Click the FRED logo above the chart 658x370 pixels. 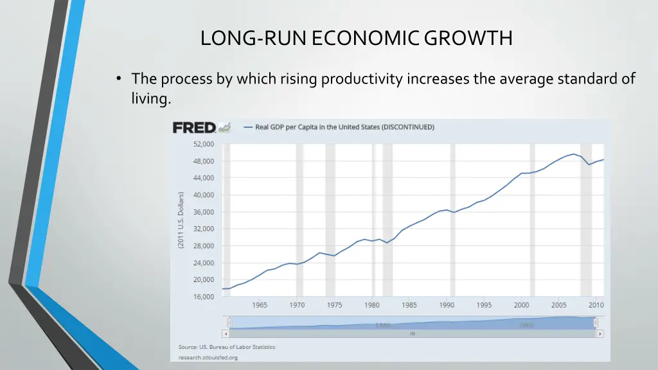tap(193, 128)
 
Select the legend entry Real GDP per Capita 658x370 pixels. tap(344, 127)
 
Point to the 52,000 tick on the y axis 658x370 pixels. tap(204, 144)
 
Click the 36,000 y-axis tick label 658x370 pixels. tap(204, 212)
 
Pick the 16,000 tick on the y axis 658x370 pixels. tap(204, 297)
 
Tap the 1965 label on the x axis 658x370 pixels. tap(260, 306)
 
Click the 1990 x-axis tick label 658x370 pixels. tap(447, 306)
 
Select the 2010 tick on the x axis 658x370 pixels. tap(597, 306)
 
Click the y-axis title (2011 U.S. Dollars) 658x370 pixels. tap(181, 220)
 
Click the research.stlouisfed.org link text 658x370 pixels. tap(208, 357)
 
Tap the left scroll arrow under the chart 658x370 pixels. tap(225, 334)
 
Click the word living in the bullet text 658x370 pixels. tap(151, 99)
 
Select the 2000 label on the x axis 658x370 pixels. tap(522, 306)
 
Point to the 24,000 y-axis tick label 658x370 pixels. tap(204, 263)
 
